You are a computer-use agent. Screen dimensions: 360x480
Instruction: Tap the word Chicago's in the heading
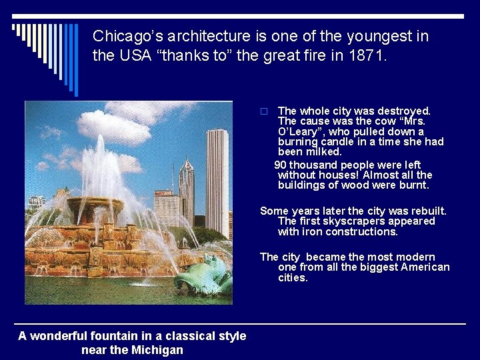[x=125, y=36]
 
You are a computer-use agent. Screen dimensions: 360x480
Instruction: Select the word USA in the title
[x=133, y=56]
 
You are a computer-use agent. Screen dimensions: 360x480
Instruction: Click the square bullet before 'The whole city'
[x=264, y=111]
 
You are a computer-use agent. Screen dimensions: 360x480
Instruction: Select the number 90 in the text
[x=281, y=165]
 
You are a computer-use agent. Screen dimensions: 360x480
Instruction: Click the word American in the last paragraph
[x=425, y=267]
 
